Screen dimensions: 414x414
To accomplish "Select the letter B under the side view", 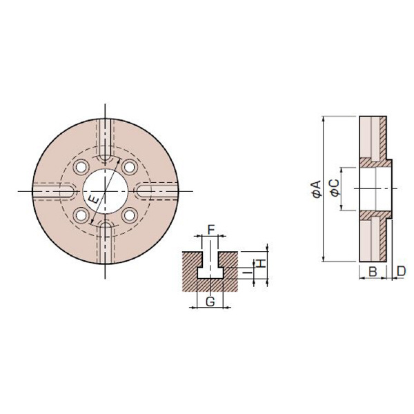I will pyautogui.click(x=372, y=272).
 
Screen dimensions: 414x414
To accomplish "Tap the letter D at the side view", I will pyautogui.click(x=401, y=272).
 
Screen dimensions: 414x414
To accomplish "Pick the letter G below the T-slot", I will pyautogui.click(x=210, y=300).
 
